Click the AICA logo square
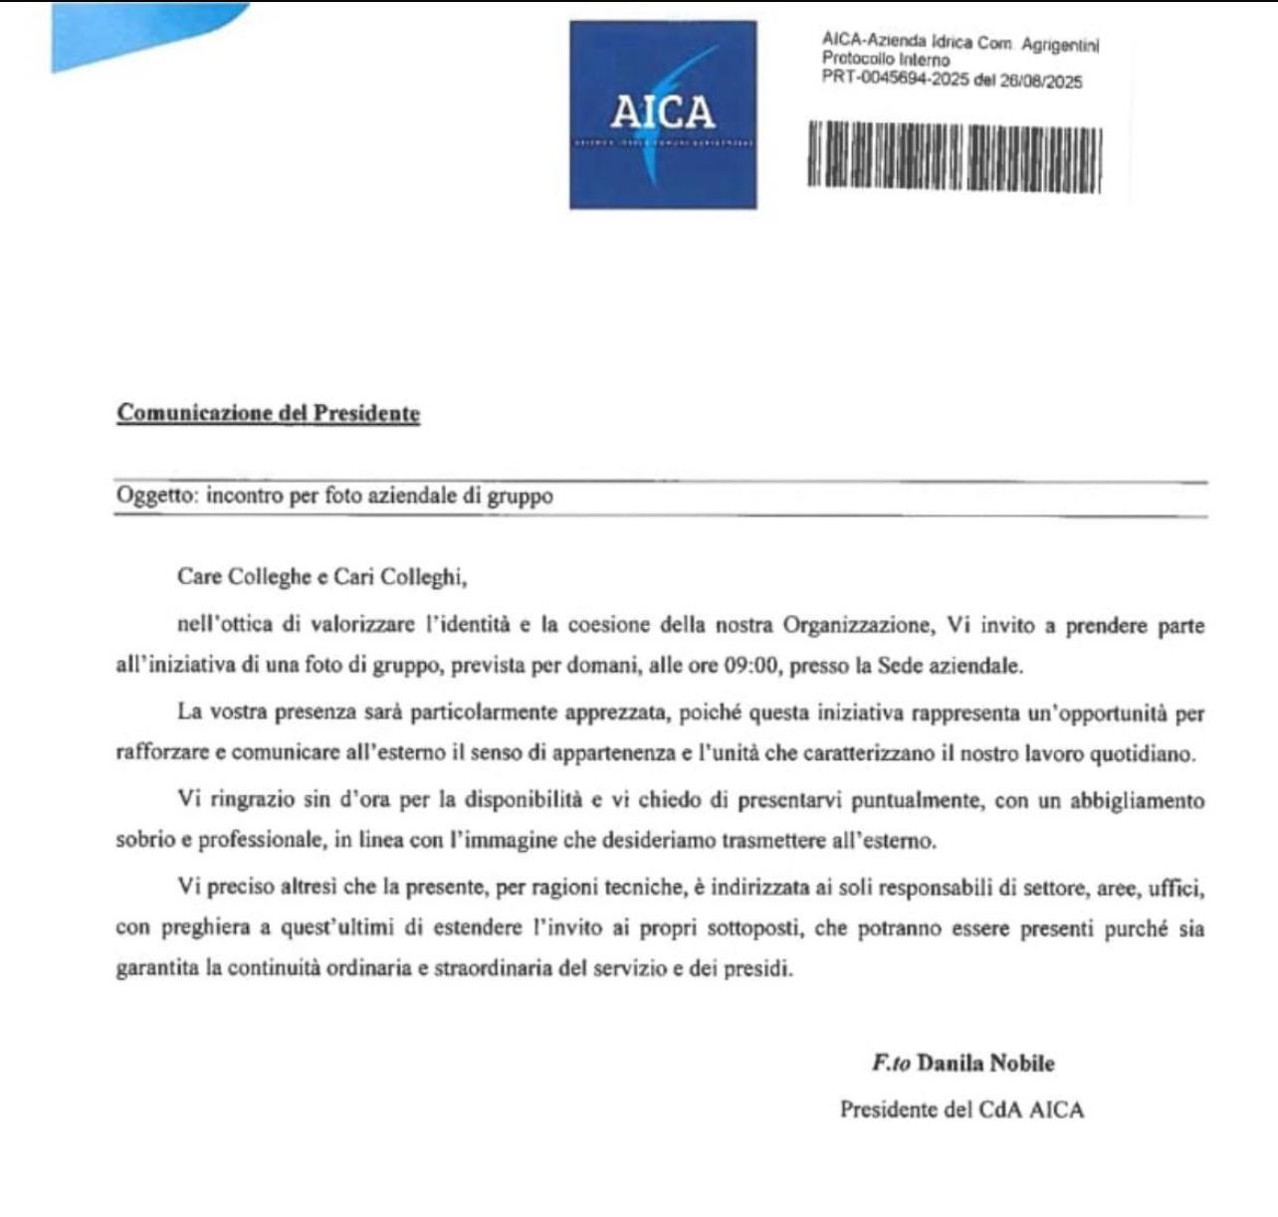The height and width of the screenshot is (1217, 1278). [x=663, y=114]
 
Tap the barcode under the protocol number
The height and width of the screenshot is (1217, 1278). [x=955, y=157]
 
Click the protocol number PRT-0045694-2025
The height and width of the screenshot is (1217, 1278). [x=895, y=79]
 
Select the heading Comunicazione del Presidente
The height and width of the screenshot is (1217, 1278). [x=269, y=413]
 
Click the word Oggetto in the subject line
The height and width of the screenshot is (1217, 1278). [x=156, y=496]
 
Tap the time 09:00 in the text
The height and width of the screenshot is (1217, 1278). [x=750, y=666]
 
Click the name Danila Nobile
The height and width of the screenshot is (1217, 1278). [x=985, y=1063]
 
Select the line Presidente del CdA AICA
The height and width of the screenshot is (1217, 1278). [x=961, y=1110]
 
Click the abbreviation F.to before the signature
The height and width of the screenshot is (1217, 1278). [x=891, y=1063]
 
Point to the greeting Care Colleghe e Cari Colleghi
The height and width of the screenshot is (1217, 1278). [x=321, y=576]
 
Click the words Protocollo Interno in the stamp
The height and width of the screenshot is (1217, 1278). [x=886, y=60]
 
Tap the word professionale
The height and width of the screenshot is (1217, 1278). [x=260, y=840]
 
